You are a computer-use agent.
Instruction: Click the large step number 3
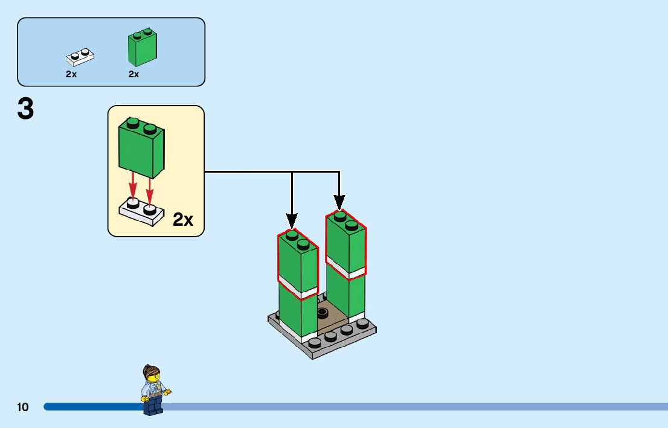point(25,109)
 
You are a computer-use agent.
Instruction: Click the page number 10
point(23,407)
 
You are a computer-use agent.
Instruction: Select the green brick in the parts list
point(142,48)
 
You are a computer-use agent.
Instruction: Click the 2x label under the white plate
point(71,74)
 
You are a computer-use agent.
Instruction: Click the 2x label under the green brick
point(134,74)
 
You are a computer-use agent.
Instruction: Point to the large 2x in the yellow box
point(183,220)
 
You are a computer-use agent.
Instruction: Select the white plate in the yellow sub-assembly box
point(141,212)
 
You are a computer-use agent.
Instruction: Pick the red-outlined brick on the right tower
point(346,244)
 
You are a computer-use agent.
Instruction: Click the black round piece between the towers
point(322,313)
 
